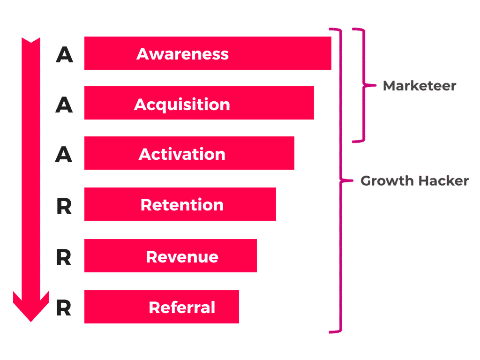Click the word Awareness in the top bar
click(182, 54)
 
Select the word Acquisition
click(182, 104)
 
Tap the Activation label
click(182, 154)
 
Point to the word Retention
click(182, 205)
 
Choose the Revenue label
click(182, 256)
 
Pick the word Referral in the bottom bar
click(182, 307)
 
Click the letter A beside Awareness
click(64, 55)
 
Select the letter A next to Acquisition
click(64, 105)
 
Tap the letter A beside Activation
click(64, 155)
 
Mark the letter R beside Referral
click(64, 308)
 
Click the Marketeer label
click(420, 86)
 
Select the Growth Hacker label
click(414, 181)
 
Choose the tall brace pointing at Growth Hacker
click(340, 180)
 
